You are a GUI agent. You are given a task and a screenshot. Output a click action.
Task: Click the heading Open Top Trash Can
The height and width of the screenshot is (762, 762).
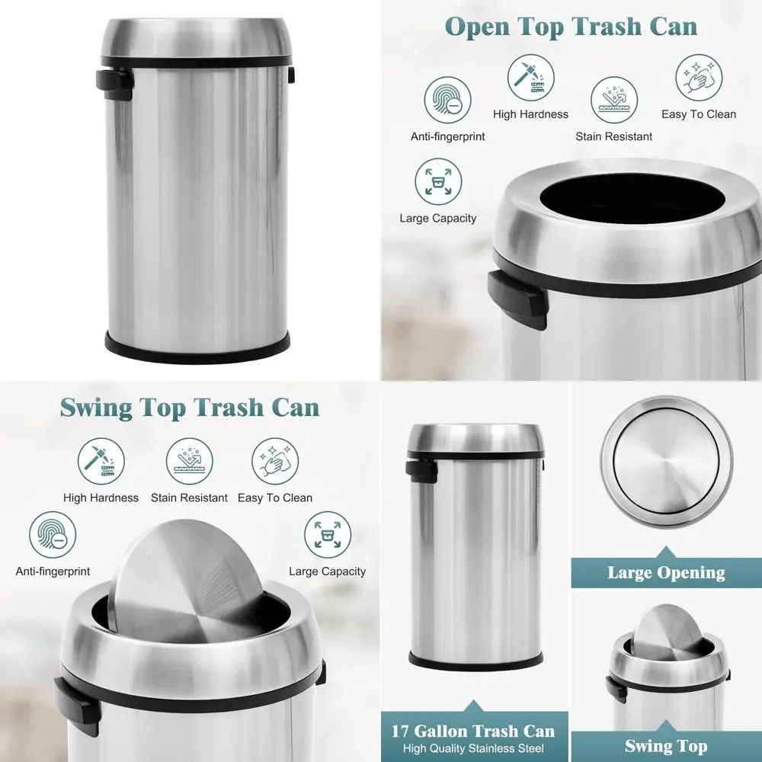pyautogui.click(x=571, y=27)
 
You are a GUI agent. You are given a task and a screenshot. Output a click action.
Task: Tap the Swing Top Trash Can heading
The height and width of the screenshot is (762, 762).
pyautogui.click(x=190, y=407)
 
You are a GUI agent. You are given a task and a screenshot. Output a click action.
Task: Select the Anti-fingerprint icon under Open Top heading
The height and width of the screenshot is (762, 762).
pyautogui.click(x=447, y=100)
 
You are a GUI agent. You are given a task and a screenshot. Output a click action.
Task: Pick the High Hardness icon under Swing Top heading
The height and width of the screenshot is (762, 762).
pyautogui.click(x=101, y=461)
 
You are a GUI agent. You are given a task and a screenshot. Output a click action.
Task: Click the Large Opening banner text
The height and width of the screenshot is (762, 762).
pyautogui.click(x=666, y=572)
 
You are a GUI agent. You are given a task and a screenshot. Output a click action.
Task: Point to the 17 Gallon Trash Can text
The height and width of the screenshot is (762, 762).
pyautogui.click(x=473, y=732)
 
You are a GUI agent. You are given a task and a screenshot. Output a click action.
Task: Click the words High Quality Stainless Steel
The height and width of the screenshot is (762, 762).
pyautogui.click(x=473, y=748)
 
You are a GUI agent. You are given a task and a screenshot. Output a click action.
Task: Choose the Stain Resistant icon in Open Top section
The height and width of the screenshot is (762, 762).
pyautogui.click(x=613, y=100)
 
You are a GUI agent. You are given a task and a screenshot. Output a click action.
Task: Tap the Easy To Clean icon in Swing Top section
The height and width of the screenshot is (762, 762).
pyautogui.click(x=274, y=461)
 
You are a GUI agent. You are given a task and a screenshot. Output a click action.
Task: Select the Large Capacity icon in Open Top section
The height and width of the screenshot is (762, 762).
pyautogui.click(x=438, y=181)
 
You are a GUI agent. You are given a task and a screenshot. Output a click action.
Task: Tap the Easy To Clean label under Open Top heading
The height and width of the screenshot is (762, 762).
pyautogui.click(x=698, y=114)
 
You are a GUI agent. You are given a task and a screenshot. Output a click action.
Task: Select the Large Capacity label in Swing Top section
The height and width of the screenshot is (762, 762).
pyautogui.click(x=327, y=571)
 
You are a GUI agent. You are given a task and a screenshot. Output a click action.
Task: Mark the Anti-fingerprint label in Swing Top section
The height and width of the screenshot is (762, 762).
pyautogui.click(x=53, y=571)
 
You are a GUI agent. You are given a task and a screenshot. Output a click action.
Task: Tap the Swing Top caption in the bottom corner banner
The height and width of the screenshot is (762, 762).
pyautogui.click(x=666, y=746)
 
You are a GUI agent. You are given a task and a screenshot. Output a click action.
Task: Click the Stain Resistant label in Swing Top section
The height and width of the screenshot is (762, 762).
pyautogui.click(x=189, y=498)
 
